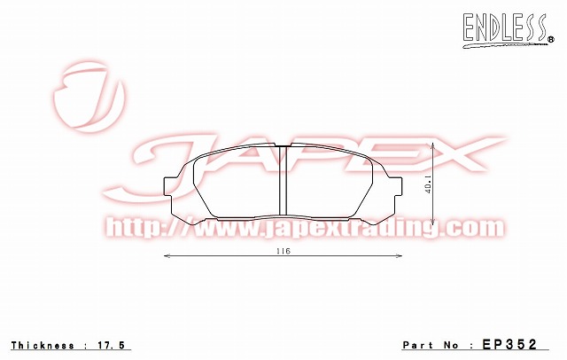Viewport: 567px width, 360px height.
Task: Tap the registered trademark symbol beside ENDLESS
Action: [x=549, y=36]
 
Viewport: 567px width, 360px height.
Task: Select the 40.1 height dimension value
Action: [x=428, y=184]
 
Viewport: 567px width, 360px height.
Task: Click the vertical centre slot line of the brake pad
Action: [x=280, y=190]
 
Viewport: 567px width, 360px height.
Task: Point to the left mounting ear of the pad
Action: [x=169, y=188]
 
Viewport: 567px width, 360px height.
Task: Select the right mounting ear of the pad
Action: [x=397, y=188]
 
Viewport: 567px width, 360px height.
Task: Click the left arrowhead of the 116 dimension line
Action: [x=168, y=256]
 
